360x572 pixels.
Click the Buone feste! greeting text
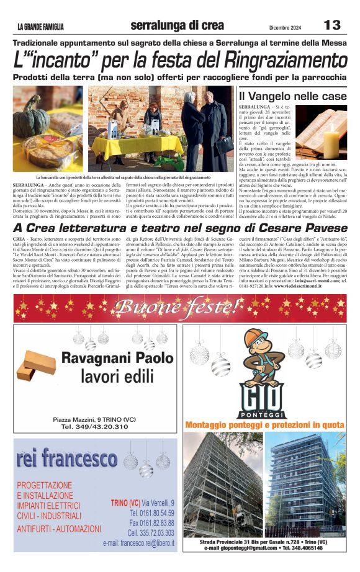[180, 306]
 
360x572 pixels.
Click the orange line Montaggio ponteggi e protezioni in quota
[265, 425]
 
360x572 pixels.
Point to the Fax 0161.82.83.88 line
[151, 523]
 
